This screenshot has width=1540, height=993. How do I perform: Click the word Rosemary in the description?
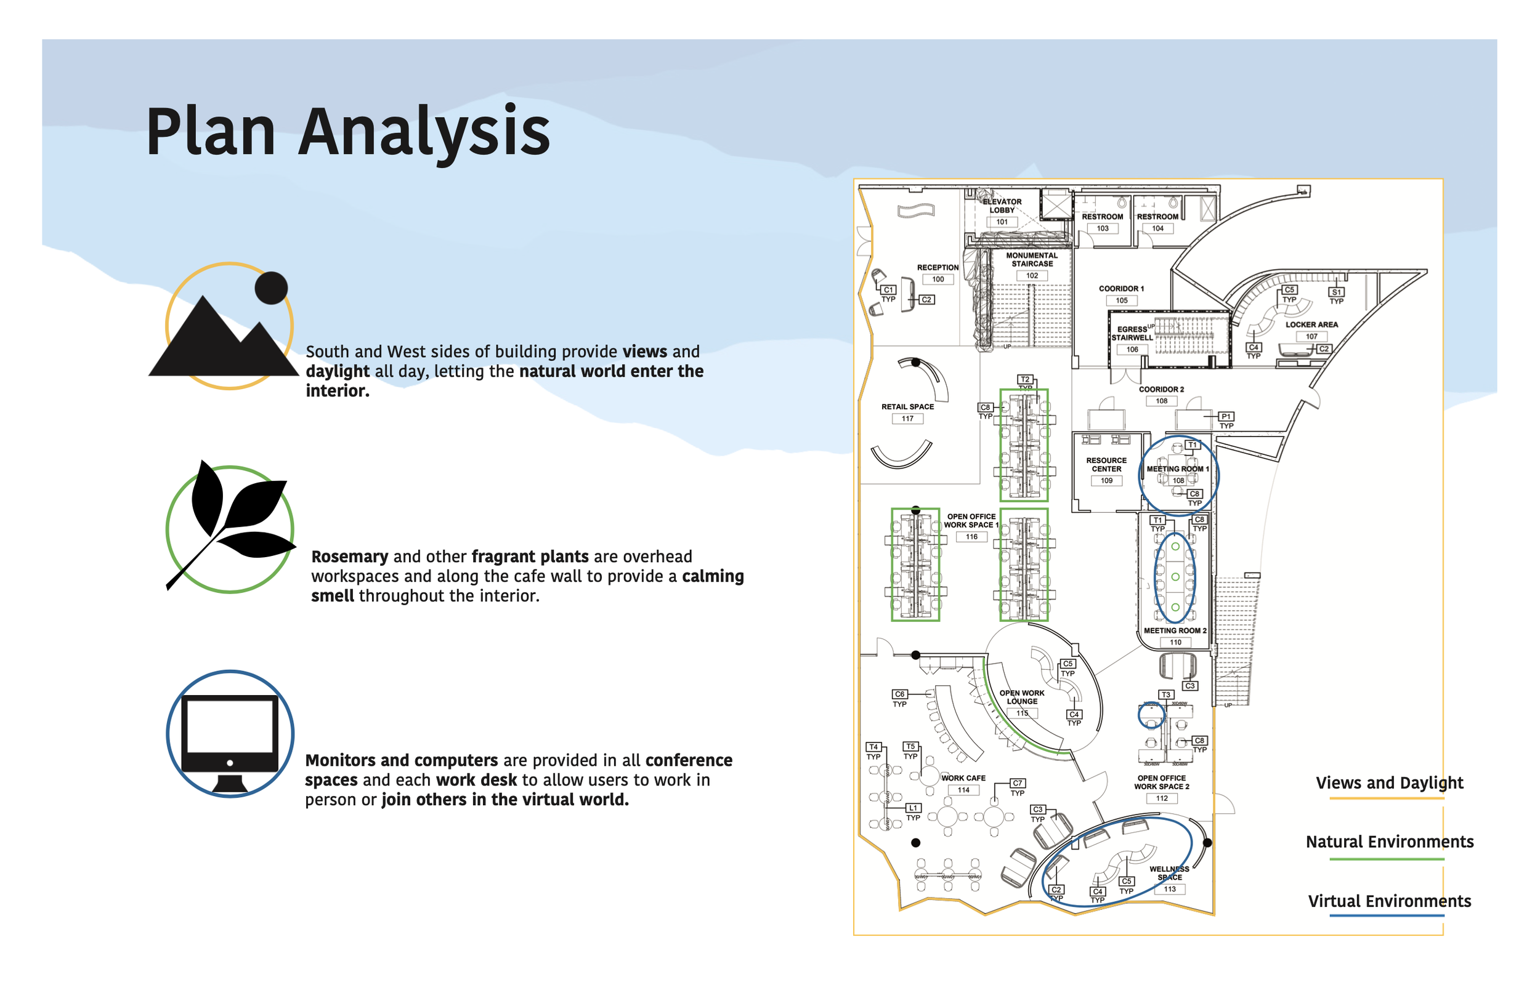pyautogui.click(x=350, y=556)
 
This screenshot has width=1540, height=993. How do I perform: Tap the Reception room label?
pyautogui.click(x=938, y=267)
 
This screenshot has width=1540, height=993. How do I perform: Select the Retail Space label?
pyautogui.click(x=907, y=406)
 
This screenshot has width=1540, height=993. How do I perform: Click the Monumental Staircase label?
pyautogui.click(x=1032, y=259)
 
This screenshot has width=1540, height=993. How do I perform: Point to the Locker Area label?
pyautogui.click(x=1311, y=324)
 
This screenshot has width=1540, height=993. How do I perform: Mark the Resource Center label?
pyautogui.click(x=1106, y=464)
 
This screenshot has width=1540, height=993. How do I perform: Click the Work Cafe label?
pyautogui.click(x=963, y=778)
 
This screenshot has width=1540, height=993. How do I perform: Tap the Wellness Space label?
pyautogui.click(x=1169, y=872)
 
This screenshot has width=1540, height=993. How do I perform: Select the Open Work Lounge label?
pyautogui.click(x=1021, y=696)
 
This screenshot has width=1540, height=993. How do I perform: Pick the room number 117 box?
pyautogui.click(x=907, y=419)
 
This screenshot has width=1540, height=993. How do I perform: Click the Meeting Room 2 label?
pyautogui.click(x=1174, y=630)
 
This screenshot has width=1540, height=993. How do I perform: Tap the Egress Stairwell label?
pyautogui.click(x=1131, y=332)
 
